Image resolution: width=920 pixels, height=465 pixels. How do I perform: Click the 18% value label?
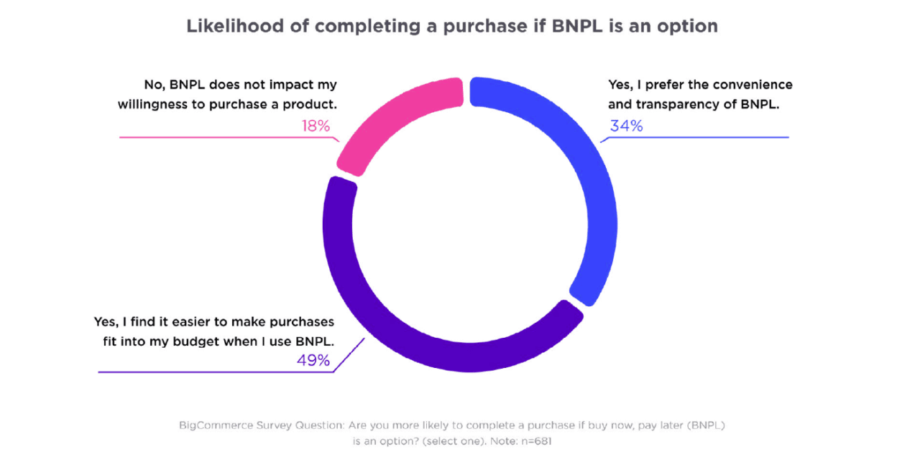pyautogui.click(x=316, y=126)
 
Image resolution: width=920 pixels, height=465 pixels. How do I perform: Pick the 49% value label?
pyautogui.click(x=313, y=360)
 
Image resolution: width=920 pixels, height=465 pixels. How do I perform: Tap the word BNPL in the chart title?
pyautogui.click(x=567, y=27)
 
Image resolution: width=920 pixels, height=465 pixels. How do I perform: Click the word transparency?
pyautogui.click(x=675, y=104)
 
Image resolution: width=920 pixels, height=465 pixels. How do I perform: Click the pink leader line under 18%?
pyautogui.click(x=216, y=137)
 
